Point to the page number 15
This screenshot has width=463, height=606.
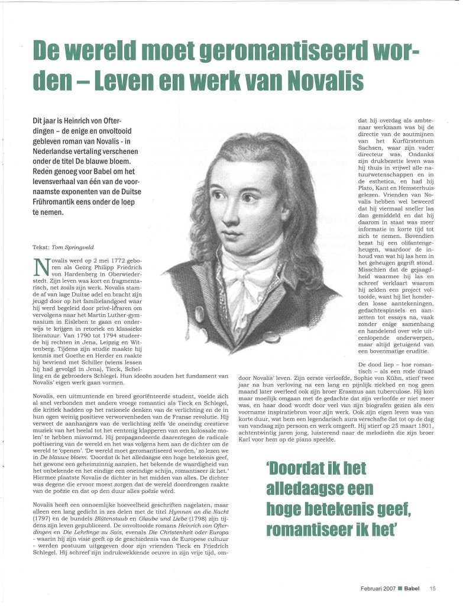tap(433, 588)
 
